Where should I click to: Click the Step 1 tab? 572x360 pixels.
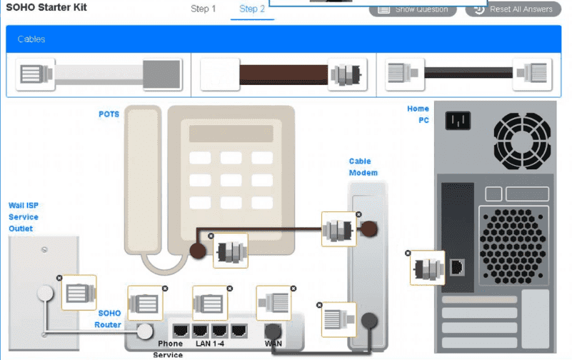coord(203,9)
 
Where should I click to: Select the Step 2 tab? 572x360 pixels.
coord(252,9)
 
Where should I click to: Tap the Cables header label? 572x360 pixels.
coord(31,39)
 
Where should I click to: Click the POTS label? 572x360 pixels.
coord(109,114)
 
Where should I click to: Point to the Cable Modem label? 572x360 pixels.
coord(363,167)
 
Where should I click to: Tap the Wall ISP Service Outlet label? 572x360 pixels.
coord(24,217)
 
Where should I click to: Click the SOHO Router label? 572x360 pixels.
coord(109,319)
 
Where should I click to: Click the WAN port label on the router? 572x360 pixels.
coord(274,344)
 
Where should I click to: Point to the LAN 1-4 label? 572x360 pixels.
coord(210,344)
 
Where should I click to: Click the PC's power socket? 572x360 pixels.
coord(458,120)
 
